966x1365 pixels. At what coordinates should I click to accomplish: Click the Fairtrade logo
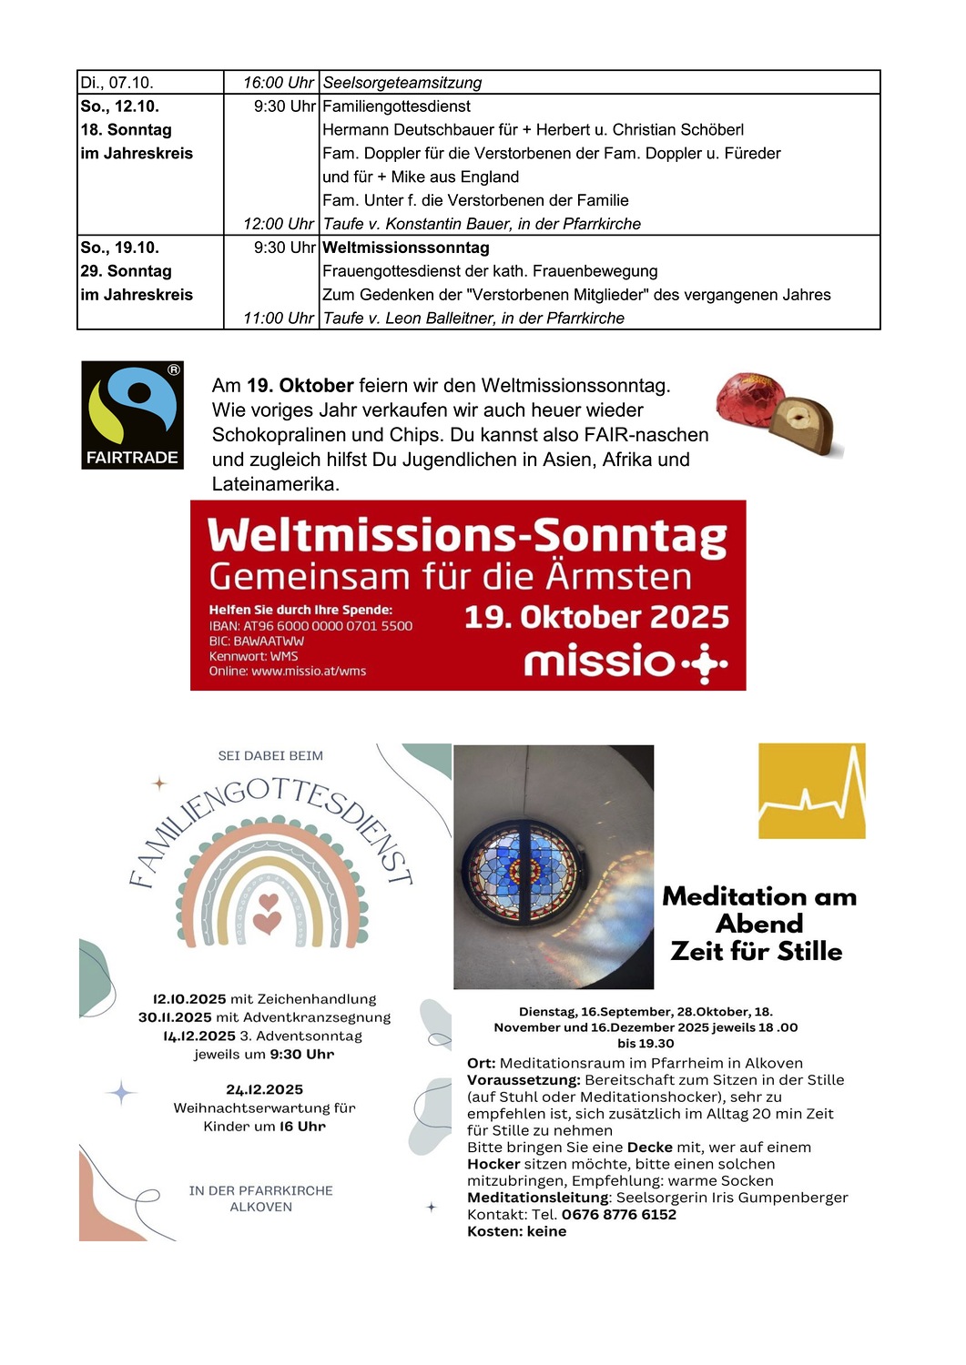pos(132,415)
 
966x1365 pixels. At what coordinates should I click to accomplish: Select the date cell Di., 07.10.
pos(117,83)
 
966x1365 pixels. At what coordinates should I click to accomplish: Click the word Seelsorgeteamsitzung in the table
pos(402,83)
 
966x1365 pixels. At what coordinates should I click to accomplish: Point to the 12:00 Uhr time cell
pos(278,224)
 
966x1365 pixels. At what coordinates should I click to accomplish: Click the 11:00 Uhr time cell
pos(278,318)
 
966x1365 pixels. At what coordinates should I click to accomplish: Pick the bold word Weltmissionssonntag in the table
pos(406,248)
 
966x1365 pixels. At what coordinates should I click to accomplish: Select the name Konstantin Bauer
pos(446,224)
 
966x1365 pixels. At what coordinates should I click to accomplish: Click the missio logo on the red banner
pos(625,662)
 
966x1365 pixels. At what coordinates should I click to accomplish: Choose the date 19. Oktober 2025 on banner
pos(596,617)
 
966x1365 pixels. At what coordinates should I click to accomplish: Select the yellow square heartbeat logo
pos(811,791)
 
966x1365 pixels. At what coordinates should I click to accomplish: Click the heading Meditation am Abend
pos(759,910)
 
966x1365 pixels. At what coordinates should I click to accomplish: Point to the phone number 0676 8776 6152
pos(619,1215)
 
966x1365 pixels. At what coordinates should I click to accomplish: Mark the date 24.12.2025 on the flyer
pos(264,1089)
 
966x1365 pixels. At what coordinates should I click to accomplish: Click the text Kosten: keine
pos(516,1231)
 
